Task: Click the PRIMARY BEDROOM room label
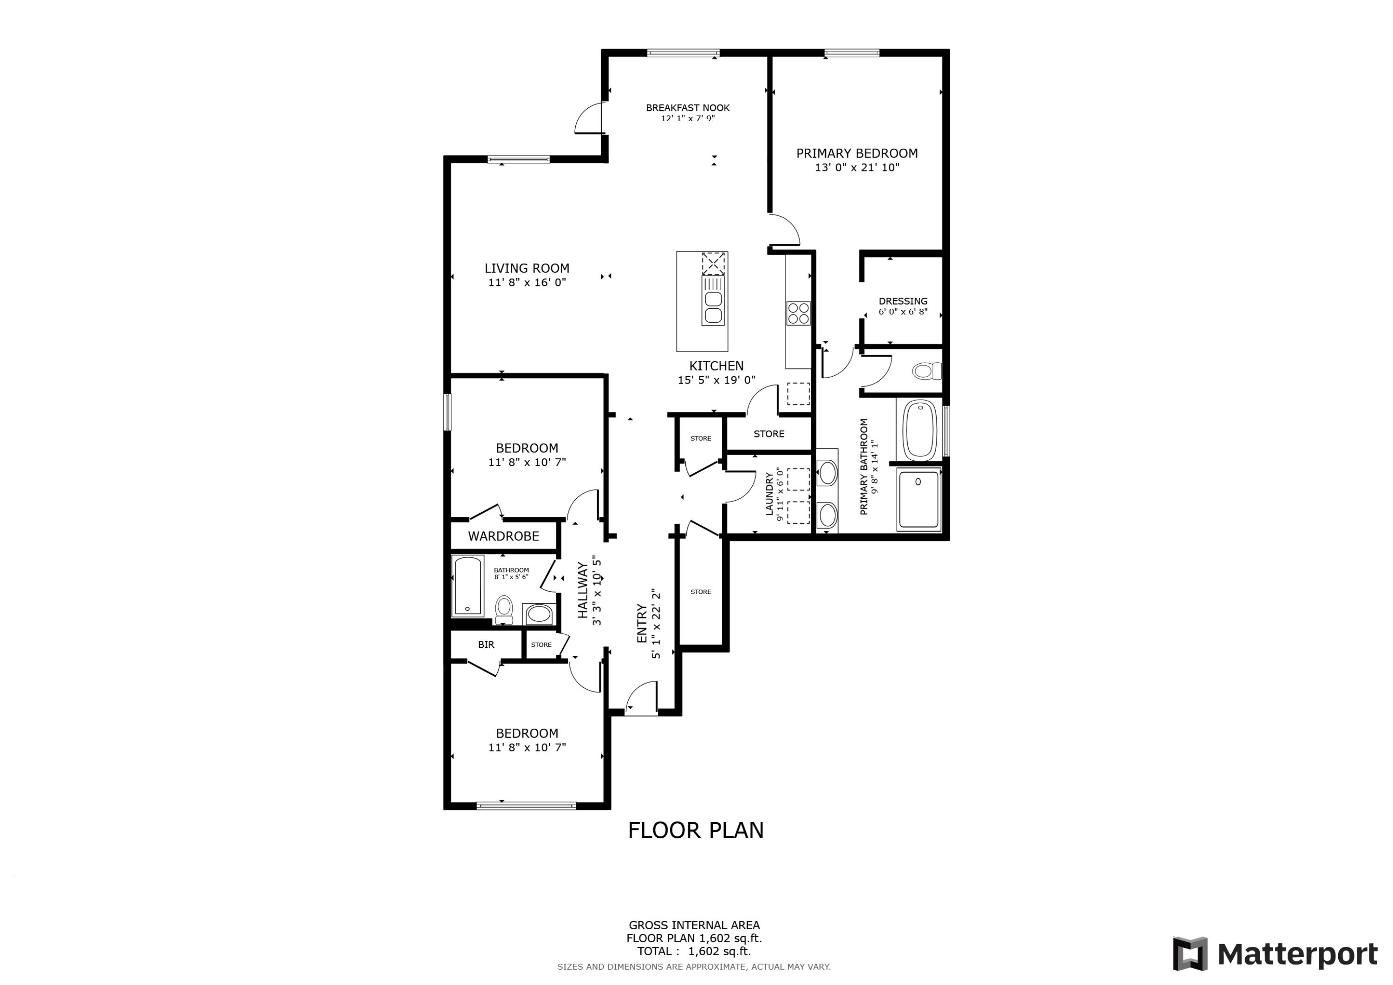pos(856,154)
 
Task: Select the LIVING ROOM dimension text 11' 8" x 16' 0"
pos(527,282)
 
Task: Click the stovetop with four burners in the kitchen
pos(798,313)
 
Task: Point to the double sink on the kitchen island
pos(713,307)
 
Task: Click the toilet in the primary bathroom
pos(926,371)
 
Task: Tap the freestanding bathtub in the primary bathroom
pos(920,431)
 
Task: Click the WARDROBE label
pos(503,536)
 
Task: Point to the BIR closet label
pos(486,645)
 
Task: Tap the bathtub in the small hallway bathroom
pos(468,585)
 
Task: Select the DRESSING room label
pos(903,301)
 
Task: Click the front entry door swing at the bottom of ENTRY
pos(641,698)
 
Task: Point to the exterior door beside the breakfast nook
pos(588,118)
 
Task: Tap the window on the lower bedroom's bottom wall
pos(526,806)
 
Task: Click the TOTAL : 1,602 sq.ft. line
pos(693,951)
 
